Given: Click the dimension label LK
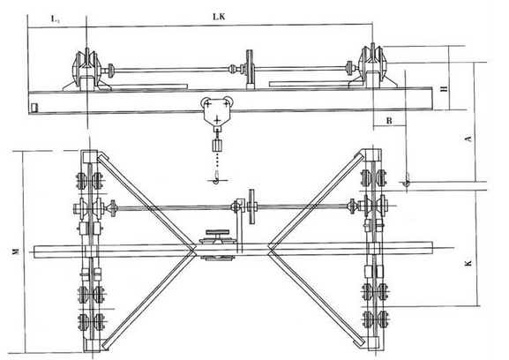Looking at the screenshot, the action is coord(219,17).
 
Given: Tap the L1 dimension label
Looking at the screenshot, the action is coord(55,19).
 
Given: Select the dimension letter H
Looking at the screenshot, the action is coord(445,88).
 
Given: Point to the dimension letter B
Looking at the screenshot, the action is coord(389,121).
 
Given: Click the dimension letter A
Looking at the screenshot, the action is coord(468,139).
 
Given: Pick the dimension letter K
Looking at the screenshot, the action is coord(468,263).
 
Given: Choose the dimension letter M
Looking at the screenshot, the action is coord(15,251).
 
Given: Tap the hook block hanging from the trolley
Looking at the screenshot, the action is coord(217,146).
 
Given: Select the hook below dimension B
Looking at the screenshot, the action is coord(406,181).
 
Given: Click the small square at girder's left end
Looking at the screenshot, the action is coord(34,107).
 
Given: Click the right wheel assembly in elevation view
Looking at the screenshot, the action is coord(373,66).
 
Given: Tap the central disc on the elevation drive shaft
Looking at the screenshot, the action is coord(250,68).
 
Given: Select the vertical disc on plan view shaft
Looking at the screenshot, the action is coord(251,206).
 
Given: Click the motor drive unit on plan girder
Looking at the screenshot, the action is coord(217,244).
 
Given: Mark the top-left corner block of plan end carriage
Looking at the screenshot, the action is coord(90,156).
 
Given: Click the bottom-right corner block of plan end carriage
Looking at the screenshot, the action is coord(374,343).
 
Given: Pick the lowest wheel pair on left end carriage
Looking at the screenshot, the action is coord(91,321).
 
